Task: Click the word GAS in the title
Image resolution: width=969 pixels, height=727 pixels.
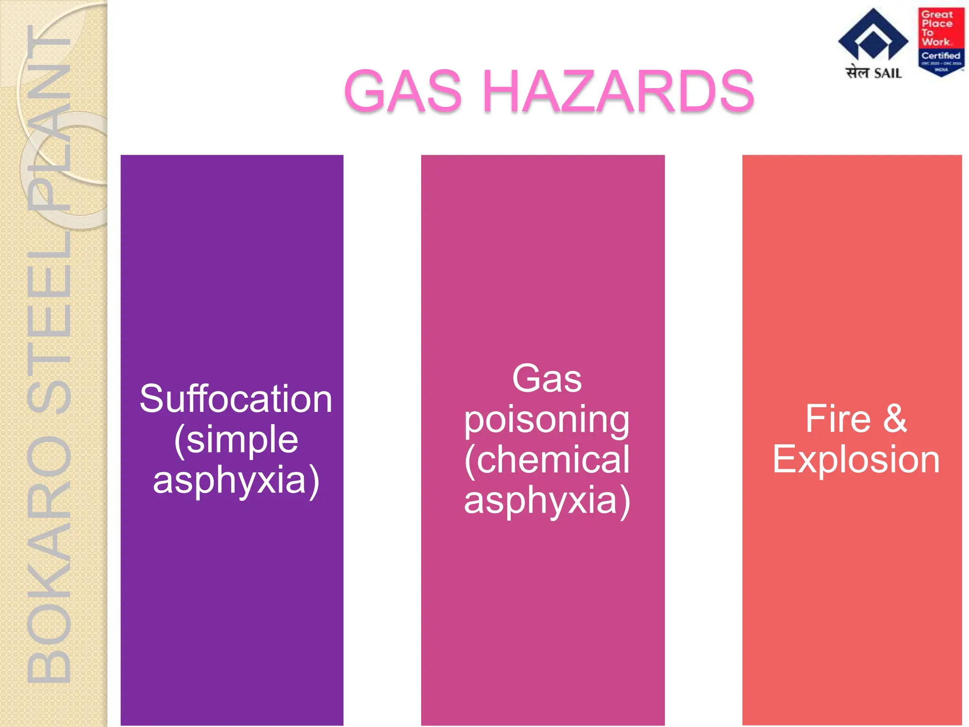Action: tap(403, 91)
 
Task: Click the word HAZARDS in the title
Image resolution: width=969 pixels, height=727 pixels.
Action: tap(618, 91)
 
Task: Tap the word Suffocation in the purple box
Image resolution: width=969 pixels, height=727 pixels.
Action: tap(236, 399)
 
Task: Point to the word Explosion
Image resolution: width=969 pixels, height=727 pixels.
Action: tap(856, 460)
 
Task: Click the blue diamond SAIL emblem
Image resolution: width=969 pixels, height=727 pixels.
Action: tap(873, 35)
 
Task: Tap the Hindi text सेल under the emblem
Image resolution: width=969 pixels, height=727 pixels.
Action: tap(858, 73)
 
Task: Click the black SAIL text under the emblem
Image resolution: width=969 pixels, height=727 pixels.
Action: tap(888, 73)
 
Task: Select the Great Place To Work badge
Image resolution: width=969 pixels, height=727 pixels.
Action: tap(941, 41)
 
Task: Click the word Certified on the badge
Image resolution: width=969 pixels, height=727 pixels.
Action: tap(941, 56)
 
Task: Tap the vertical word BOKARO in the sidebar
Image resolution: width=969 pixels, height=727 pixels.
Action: tap(49, 559)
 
